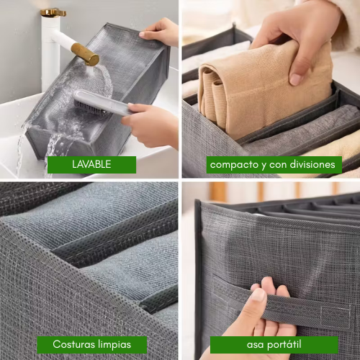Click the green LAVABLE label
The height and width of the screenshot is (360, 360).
[x=91, y=164]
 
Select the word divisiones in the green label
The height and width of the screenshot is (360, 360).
[x=309, y=164]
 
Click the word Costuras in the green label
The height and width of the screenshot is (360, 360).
[x=76, y=344]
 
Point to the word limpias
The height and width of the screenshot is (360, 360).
[x=120, y=344]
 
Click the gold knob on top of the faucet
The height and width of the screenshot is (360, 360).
[x=53, y=12]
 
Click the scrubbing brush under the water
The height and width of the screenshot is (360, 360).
[x=101, y=103]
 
